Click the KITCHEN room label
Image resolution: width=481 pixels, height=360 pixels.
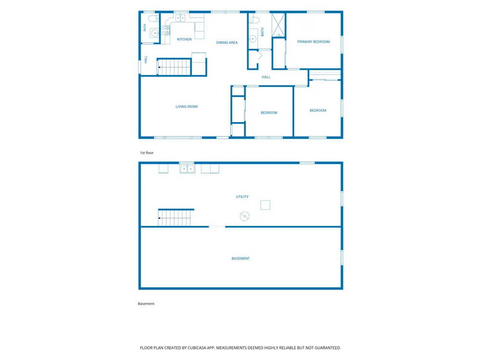coord(184,39)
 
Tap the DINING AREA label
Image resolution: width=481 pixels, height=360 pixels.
coord(227,43)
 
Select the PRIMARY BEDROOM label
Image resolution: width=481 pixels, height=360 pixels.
coord(314,42)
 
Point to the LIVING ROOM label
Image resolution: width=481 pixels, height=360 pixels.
coord(187,107)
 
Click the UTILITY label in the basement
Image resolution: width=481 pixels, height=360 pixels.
coord(242,197)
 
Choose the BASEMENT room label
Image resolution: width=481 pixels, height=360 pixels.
coord(241,259)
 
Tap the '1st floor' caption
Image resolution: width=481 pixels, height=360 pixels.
coord(147,153)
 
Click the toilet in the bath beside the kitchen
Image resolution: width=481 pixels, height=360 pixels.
coord(154,18)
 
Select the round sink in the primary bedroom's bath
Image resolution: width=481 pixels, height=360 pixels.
coord(253,38)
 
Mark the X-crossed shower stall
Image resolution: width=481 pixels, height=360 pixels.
coord(278,25)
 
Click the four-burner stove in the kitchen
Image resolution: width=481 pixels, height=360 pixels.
coord(165,30)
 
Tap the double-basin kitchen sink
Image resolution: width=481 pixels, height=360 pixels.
coord(180,18)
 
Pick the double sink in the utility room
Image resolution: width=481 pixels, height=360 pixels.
coord(187,169)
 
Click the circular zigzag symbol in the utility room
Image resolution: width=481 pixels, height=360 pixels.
coord(244,216)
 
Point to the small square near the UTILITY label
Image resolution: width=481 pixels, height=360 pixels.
coord(266,205)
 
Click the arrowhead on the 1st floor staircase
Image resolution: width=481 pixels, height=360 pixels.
coord(159,67)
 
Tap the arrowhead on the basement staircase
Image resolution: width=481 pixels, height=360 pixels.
coord(159,218)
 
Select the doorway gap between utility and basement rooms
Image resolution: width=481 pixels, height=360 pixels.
coord(217,226)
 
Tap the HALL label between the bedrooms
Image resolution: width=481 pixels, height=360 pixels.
coord(266,77)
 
